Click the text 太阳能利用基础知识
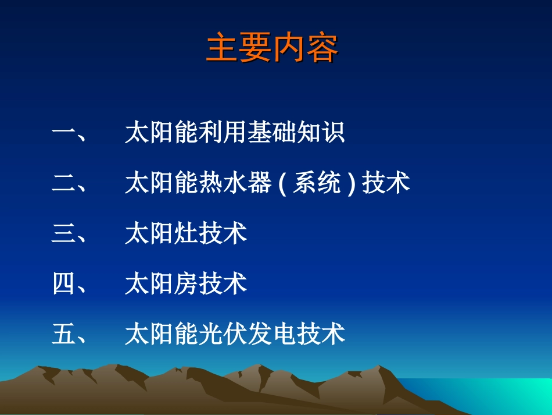[x=235, y=133]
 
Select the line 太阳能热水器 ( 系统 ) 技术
[x=267, y=183]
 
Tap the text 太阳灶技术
[x=186, y=233]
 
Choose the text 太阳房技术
[x=186, y=284]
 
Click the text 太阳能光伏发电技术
[x=235, y=335]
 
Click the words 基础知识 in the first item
[x=296, y=133]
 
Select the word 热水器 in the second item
[x=235, y=183]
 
